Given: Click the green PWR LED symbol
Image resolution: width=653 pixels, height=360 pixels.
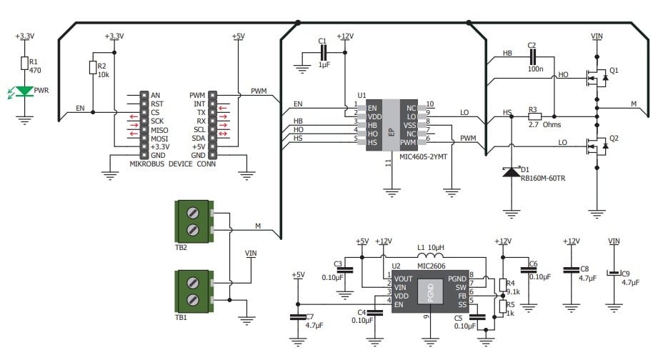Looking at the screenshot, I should point(25,91).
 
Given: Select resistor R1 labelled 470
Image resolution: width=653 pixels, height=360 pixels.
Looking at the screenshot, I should point(25,64).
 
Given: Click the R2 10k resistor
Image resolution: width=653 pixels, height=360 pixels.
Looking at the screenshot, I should point(93,67).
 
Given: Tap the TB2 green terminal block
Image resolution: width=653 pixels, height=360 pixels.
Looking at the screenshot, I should point(193,220).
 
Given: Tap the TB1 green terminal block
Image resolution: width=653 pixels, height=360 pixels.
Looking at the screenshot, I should point(193,291).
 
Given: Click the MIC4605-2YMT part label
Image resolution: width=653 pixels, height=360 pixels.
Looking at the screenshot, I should point(424,155).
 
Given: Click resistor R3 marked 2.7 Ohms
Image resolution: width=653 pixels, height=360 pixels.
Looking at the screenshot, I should point(534,115).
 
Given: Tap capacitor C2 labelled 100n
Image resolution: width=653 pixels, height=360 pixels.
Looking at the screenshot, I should point(532,54).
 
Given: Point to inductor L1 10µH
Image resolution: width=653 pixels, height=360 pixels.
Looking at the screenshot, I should point(429,257).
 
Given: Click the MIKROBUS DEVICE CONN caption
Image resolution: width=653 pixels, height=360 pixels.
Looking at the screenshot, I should point(173,164).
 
